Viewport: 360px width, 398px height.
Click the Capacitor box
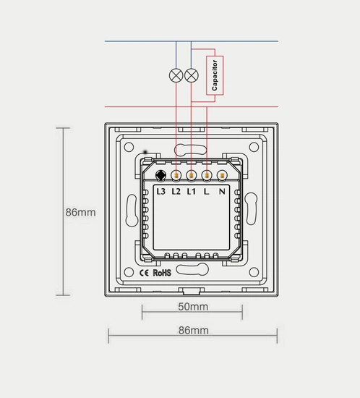click(x=215, y=75)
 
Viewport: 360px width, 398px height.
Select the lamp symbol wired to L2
click(x=175, y=75)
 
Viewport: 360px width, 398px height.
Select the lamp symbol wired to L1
click(x=191, y=75)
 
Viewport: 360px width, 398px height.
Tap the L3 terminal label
click(x=160, y=192)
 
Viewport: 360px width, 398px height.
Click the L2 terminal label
click(x=176, y=192)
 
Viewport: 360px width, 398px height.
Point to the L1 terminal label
click(x=192, y=192)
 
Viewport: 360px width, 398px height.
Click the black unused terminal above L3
click(x=160, y=175)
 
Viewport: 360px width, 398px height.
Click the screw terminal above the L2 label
click(x=176, y=175)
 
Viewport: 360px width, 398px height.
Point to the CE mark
click(x=144, y=273)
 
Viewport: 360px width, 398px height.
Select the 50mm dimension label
click(x=193, y=307)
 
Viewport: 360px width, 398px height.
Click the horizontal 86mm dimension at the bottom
click(x=193, y=330)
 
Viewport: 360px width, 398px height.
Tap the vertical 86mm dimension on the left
click(x=80, y=213)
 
